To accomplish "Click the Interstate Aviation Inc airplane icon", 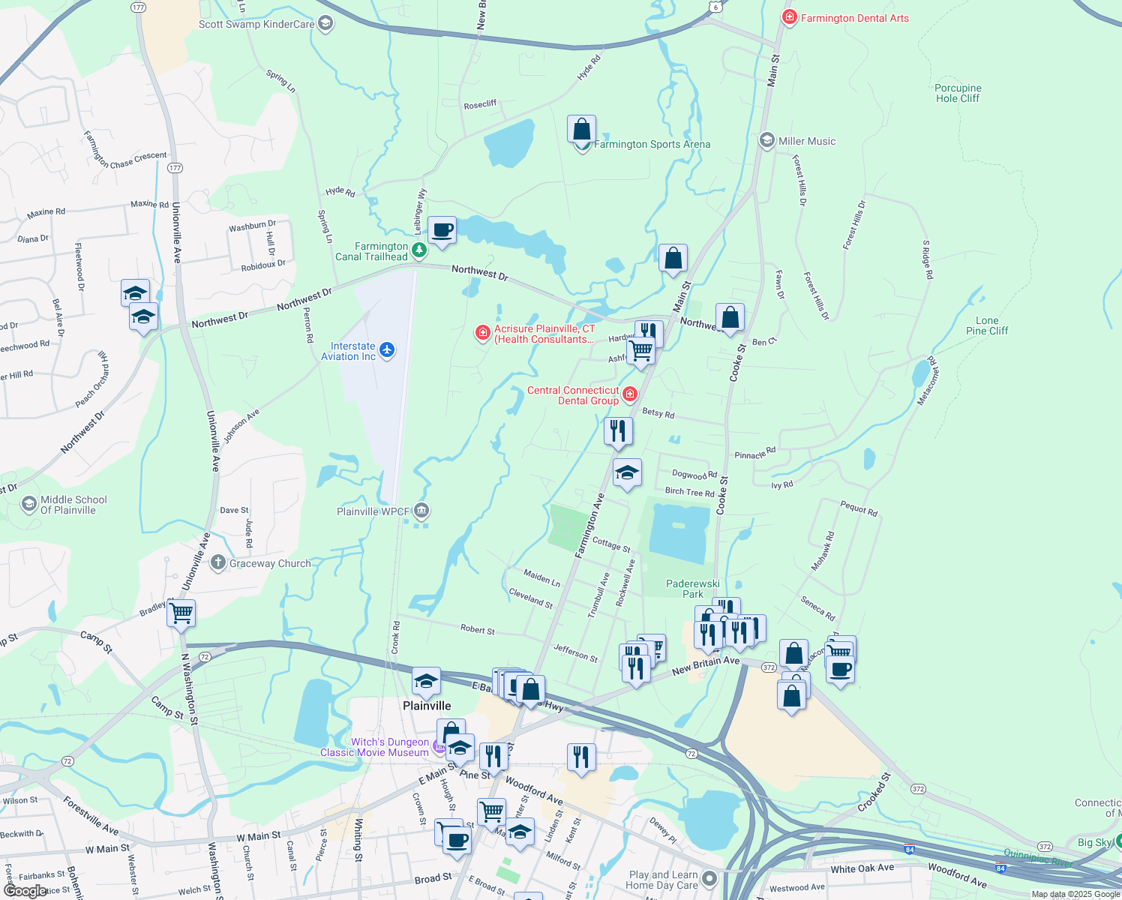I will click(x=387, y=350).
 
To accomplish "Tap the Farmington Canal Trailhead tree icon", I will click(x=419, y=249).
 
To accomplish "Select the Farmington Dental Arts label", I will click(x=854, y=18).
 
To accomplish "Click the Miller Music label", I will click(x=806, y=141).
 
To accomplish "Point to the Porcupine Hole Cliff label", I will click(x=958, y=93).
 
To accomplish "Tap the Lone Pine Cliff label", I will click(x=987, y=325).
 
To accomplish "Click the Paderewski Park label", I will click(x=693, y=589).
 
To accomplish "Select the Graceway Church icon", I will click(x=218, y=562).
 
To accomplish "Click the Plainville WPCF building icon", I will click(x=421, y=511).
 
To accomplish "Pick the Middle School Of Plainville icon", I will click(x=29, y=504).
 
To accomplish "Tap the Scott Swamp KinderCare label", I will click(x=256, y=24).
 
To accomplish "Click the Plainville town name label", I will click(x=427, y=706).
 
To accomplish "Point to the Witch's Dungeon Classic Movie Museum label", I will click(x=375, y=747).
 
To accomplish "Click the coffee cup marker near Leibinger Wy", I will click(x=442, y=230).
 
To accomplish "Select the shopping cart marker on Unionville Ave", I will click(x=181, y=613).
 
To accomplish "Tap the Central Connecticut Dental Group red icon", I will click(x=629, y=394).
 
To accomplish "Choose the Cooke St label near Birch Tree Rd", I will click(x=721, y=495).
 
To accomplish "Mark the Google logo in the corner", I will click(x=25, y=891).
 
